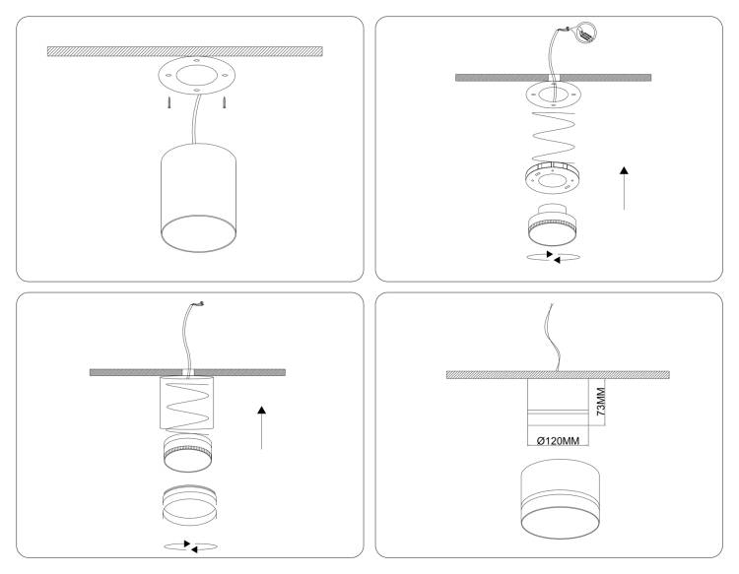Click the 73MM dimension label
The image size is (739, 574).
point(600,401)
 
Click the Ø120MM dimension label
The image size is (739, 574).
point(558,441)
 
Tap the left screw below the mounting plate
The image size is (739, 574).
point(168,102)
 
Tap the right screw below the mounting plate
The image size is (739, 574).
point(225,102)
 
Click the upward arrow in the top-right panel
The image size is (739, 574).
point(624,188)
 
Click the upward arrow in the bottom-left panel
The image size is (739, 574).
point(261,427)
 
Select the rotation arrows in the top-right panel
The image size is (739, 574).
point(553,257)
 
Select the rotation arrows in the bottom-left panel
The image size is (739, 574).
point(190,546)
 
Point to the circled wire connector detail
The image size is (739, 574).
point(586,32)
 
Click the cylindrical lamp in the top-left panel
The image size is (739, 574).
point(198,198)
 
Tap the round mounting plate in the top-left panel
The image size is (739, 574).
point(196,76)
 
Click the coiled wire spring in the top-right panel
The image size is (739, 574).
point(554,137)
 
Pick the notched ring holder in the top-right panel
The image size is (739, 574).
point(553,177)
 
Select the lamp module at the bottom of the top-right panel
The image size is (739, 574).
point(552,225)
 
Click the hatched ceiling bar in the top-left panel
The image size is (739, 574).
point(185,51)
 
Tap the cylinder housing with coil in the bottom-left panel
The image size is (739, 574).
point(186,403)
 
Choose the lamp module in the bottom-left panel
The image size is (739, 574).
point(187,453)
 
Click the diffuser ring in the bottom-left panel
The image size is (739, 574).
point(189,505)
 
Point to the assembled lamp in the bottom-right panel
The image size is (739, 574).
point(561,499)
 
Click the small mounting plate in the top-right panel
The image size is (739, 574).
point(554,95)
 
